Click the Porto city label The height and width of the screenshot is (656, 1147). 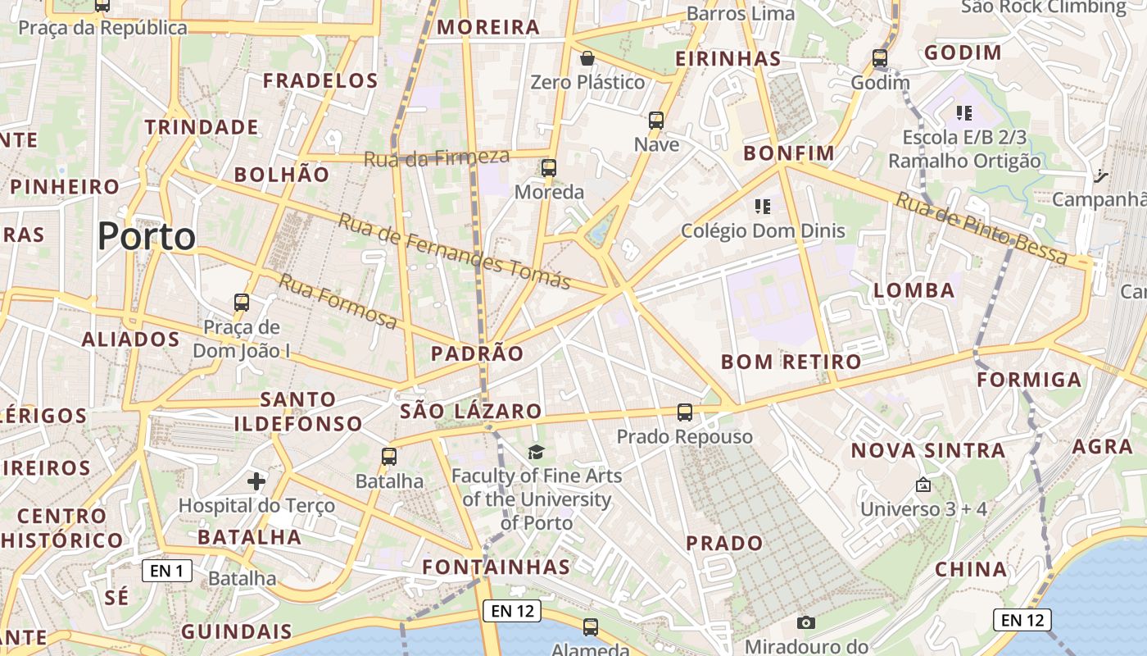pyautogui.click(x=147, y=237)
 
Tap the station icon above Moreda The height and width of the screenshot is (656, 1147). pyautogui.click(x=549, y=168)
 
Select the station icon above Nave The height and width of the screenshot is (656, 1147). pyautogui.click(x=656, y=121)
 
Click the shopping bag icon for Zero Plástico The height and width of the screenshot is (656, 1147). pyautogui.click(x=587, y=58)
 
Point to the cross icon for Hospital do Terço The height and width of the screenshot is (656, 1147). pyautogui.click(x=256, y=481)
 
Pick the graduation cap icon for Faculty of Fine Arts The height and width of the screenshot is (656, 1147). pyautogui.click(x=536, y=452)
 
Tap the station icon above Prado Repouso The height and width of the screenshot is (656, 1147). pyautogui.click(x=685, y=412)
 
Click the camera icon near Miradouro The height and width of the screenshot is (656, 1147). pyautogui.click(x=806, y=622)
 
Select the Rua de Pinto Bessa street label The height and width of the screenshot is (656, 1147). pyautogui.click(x=981, y=228)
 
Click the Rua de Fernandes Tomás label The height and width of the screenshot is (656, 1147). pyautogui.click(x=455, y=252)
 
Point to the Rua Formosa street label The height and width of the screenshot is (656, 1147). pyautogui.click(x=338, y=301)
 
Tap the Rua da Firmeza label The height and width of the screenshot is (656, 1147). pyautogui.click(x=436, y=157)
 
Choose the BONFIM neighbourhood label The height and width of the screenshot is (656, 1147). pyautogui.click(x=788, y=153)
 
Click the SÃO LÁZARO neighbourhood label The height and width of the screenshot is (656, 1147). pyautogui.click(x=471, y=412)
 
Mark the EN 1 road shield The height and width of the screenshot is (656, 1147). pyautogui.click(x=167, y=571)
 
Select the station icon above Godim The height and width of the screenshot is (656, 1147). pyautogui.click(x=880, y=58)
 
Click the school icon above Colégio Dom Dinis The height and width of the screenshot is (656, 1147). pyautogui.click(x=763, y=206)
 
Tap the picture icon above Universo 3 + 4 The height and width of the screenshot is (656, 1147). pyautogui.click(x=923, y=485)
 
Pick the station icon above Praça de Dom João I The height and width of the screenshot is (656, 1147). pyautogui.click(x=242, y=303)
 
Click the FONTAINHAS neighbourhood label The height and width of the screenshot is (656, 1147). pyautogui.click(x=496, y=567)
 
